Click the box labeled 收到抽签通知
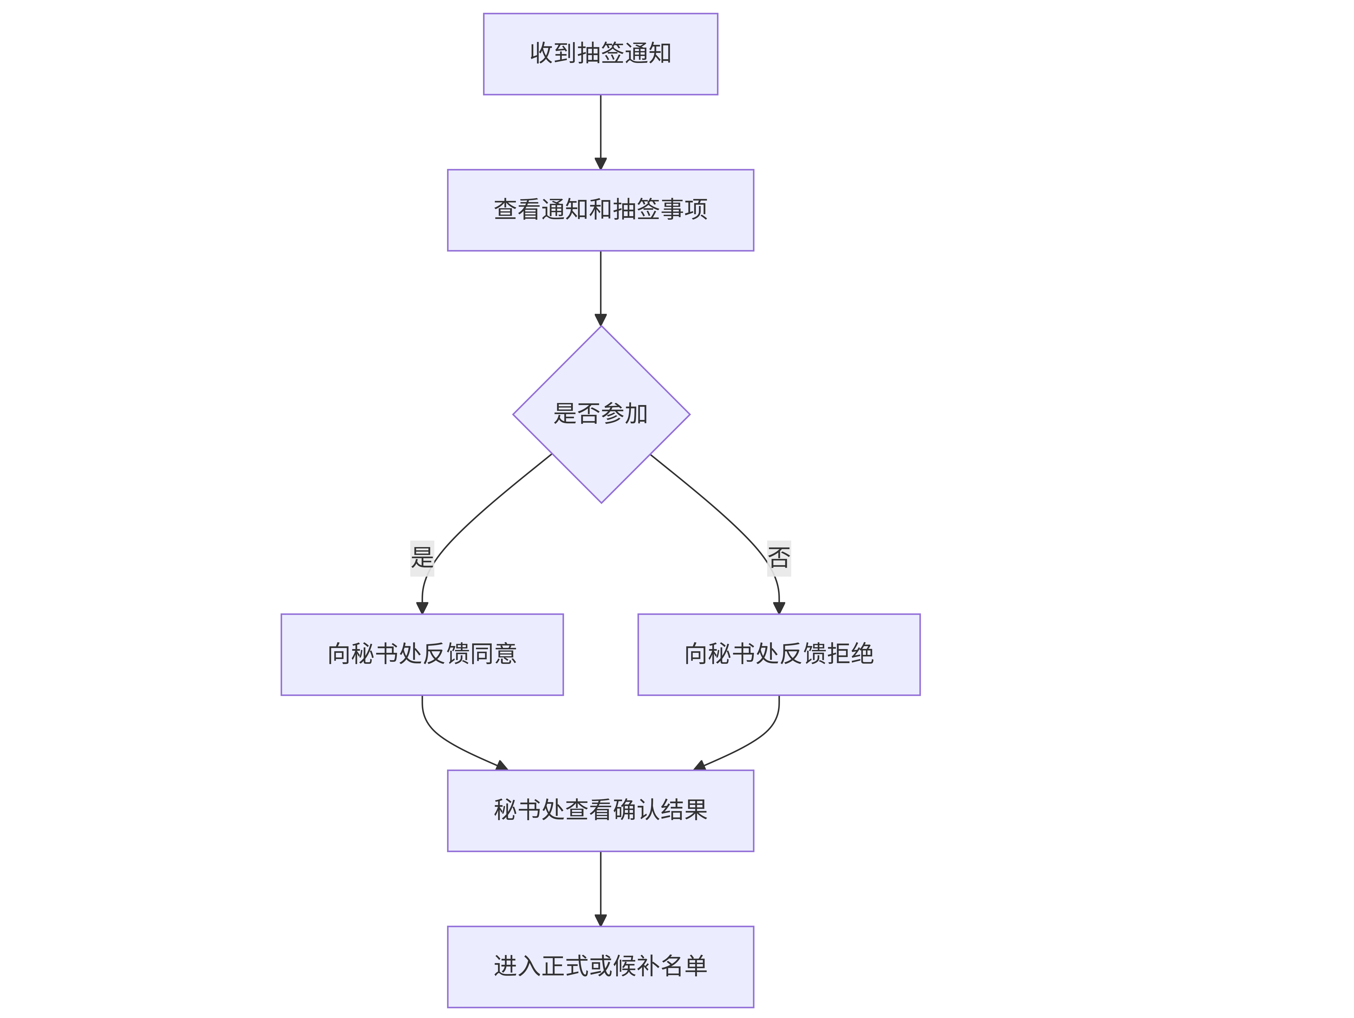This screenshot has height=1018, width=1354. click(600, 54)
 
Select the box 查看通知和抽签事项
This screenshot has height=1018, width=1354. click(600, 210)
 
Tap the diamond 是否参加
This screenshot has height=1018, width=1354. click(601, 414)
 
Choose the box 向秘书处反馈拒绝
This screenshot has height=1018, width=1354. click(779, 654)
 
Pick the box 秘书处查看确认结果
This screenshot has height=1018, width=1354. click(600, 810)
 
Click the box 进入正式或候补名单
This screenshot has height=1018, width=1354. click(600, 967)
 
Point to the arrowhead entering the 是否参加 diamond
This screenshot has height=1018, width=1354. click(600, 319)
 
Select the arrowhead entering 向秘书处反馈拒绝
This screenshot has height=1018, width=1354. click(779, 608)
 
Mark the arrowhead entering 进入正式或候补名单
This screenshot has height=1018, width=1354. click(600, 920)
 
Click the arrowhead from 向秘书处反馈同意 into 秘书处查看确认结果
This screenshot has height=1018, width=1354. click(502, 765)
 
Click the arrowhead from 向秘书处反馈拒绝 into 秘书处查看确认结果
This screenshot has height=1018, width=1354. click(700, 765)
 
